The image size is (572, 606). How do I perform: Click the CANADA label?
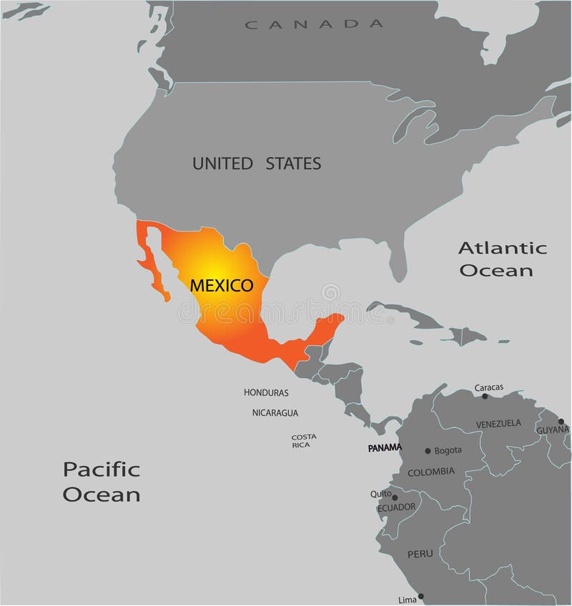(314, 24)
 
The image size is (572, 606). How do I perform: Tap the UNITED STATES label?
(257, 164)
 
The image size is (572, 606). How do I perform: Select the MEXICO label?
(222, 286)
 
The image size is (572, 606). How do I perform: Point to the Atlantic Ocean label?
(502, 259)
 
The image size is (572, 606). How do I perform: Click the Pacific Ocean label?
(102, 481)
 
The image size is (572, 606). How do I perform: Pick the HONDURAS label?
(266, 392)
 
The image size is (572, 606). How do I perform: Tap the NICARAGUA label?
(275, 412)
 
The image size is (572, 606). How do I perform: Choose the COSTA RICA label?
(304, 441)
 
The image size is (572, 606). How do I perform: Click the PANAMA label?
(385, 448)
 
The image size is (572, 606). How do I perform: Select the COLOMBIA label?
(430, 472)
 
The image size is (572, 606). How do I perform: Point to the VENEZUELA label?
(498, 424)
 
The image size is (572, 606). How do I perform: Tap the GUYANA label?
(553, 429)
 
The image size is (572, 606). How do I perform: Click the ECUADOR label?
(396, 507)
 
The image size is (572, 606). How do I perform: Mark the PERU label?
(420, 554)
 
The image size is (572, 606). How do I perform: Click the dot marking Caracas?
(485, 396)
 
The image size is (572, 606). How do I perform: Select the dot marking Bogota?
(428, 451)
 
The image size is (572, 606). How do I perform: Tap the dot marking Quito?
(395, 497)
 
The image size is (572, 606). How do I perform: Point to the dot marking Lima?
(421, 596)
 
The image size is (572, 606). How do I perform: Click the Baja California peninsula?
(152, 261)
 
